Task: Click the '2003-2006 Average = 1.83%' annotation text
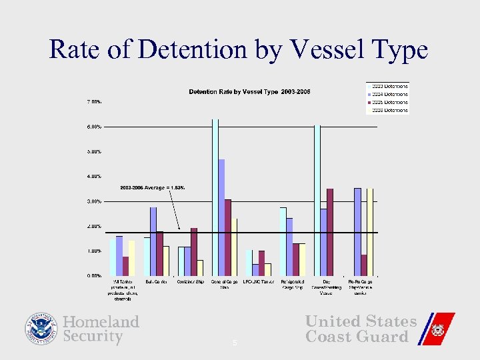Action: [152, 188]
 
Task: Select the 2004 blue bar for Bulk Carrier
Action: [153, 241]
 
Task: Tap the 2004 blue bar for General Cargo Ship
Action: [221, 217]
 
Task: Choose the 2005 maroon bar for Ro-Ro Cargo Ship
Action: [363, 265]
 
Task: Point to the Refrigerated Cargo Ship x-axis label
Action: [293, 285]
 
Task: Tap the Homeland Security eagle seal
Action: [42, 329]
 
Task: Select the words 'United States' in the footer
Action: [361, 321]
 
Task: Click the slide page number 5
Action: [235, 343]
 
